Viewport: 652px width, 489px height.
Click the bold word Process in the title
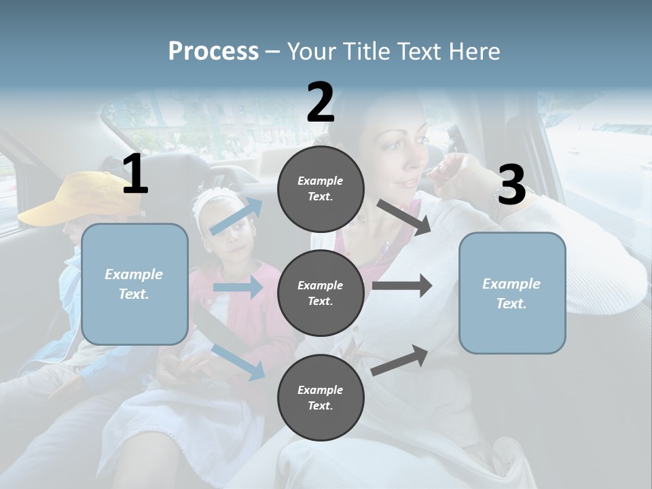pos(213,52)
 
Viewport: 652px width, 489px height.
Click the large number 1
pos(135,175)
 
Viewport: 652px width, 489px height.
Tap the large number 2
pos(321,103)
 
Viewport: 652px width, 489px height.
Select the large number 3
pos(512,185)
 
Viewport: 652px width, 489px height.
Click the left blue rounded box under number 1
pos(134,284)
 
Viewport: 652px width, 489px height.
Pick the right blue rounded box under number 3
pos(512,293)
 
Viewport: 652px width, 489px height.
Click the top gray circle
pos(321,189)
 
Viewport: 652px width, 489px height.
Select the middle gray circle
pos(321,293)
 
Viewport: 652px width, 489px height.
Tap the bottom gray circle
pos(321,398)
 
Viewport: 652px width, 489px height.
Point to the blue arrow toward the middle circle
pos(238,287)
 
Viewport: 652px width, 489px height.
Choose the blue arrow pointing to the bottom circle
pos(238,361)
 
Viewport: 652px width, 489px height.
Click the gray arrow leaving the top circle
pos(405,217)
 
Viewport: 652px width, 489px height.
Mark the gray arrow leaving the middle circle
pos(402,285)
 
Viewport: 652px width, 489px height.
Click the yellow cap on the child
pos(85,197)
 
